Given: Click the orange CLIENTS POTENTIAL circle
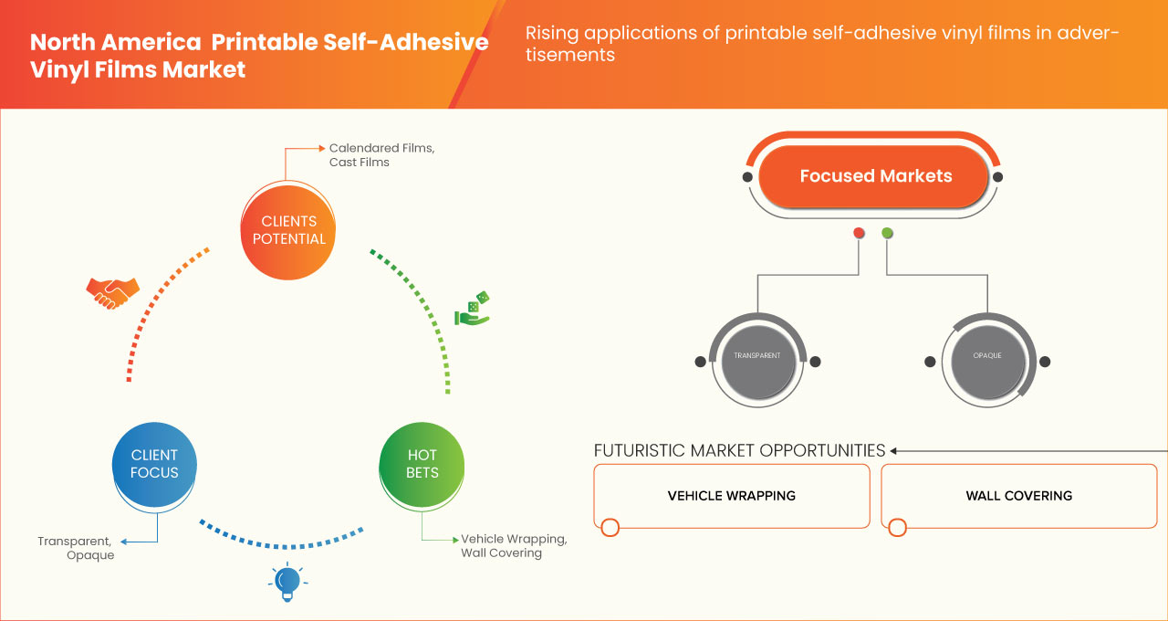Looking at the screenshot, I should (x=287, y=229).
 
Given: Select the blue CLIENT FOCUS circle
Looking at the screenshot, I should (x=154, y=464).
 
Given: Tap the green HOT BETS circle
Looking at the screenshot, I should (x=422, y=464).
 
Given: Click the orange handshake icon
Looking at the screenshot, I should (x=112, y=291).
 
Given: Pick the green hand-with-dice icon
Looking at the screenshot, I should (x=473, y=310).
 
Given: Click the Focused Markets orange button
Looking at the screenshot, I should (x=875, y=176).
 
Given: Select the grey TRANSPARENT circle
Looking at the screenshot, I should (x=757, y=356).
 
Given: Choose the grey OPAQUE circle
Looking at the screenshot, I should (x=987, y=356).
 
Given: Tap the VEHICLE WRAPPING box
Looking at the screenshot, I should (x=731, y=496).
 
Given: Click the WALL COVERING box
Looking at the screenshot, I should (x=1018, y=496).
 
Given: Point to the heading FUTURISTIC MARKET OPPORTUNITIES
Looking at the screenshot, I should (x=739, y=450).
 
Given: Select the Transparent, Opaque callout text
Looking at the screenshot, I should (x=77, y=548).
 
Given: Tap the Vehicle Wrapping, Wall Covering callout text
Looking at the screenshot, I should (x=514, y=545).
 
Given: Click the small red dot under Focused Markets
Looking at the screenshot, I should (x=859, y=234).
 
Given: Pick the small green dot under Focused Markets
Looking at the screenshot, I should (x=887, y=234).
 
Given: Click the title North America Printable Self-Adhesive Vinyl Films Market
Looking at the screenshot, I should (x=259, y=56).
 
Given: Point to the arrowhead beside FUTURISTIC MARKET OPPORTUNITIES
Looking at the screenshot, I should (x=894, y=450).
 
